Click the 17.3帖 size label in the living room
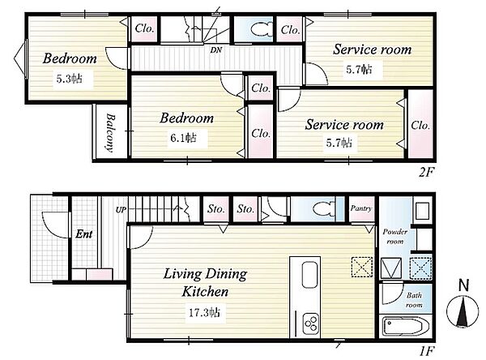(205, 312)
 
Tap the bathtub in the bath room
(406, 327)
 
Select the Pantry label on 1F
(361, 208)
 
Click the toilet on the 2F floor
(261, 29)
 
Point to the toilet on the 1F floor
(323, 208)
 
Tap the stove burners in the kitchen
(310, 324)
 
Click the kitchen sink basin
(309, 275)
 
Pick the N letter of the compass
(463, 285)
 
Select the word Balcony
(110, 132)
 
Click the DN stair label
(215, 49)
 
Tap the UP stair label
(122, 210)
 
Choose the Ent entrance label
(84, 234)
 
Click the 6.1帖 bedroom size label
(184, 138)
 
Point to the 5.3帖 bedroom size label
(70, 79)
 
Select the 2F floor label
(426, 172)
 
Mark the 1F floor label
(426, 351)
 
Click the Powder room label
(395, 236)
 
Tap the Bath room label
(414, 300)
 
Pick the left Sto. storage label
(216, 209)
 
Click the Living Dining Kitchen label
(205, 282)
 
